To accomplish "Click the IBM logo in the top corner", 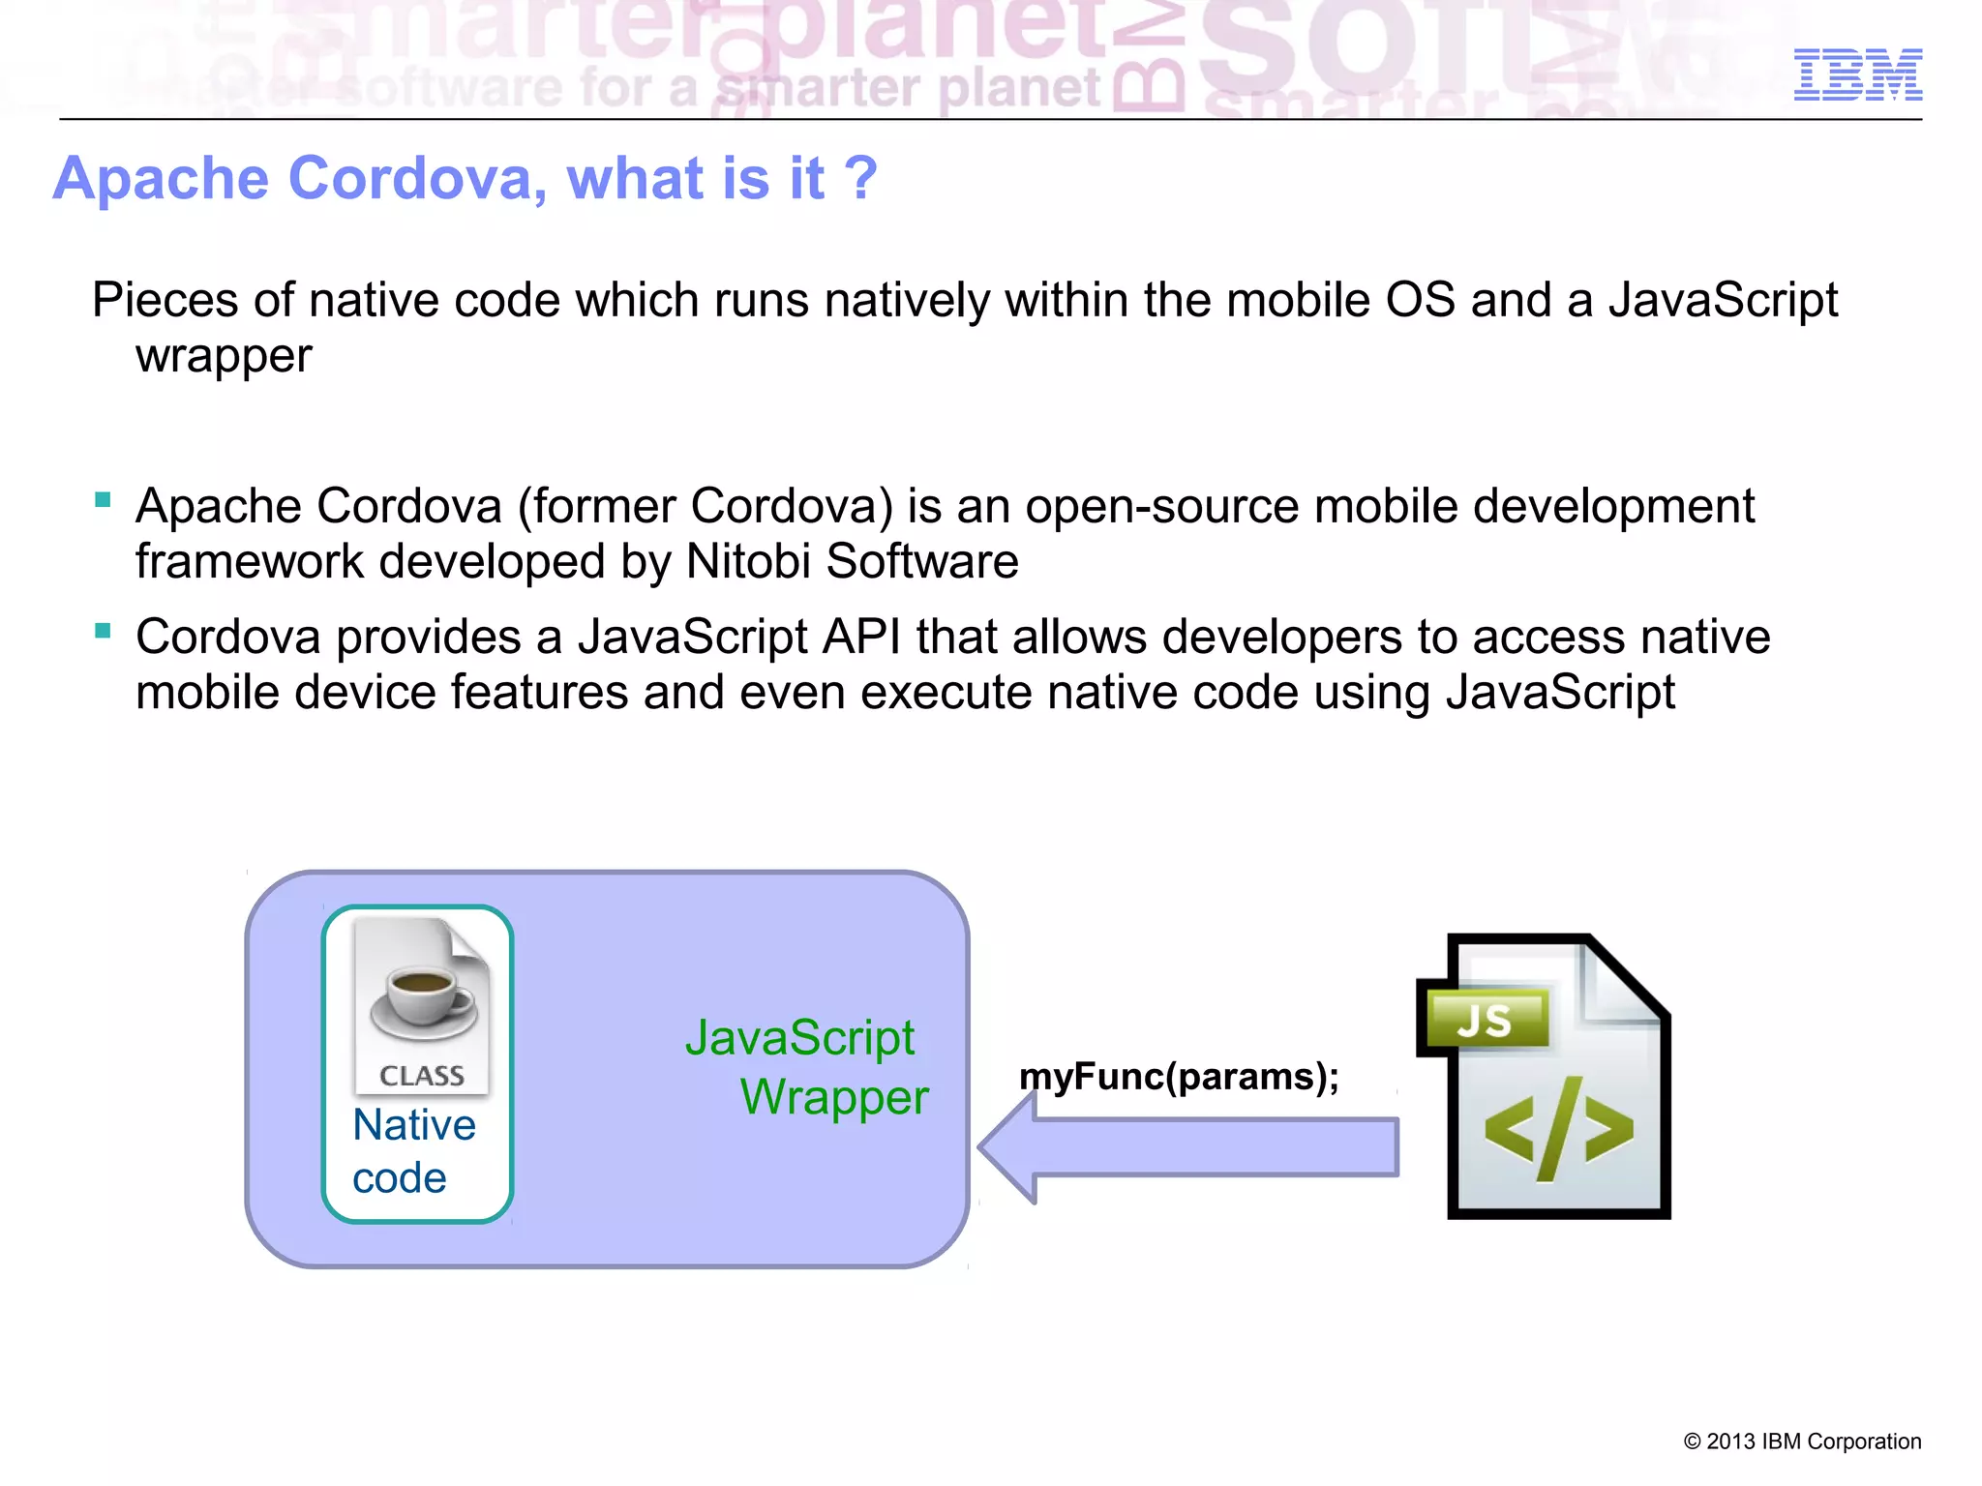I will (x=1857, y=74).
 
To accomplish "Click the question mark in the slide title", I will (x=859, y=179).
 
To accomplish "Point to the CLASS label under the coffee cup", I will (x=422, y=1076).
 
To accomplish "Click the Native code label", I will (x=413, y=1151).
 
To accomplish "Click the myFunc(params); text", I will (x=1179, y=1077).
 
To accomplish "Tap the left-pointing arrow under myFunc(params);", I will (x=1188, y=1147).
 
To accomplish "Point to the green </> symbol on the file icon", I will (x=1558, y=1129).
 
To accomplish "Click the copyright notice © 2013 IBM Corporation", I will (x=1802, y=1441).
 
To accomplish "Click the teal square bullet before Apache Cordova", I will (x=104, y=500).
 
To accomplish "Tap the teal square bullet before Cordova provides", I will (x=104, y=632).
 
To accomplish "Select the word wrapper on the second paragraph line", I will (x=224, y=357).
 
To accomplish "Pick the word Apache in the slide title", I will (x=162, y=179).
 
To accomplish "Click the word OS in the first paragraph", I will (x=1420, y=301).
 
